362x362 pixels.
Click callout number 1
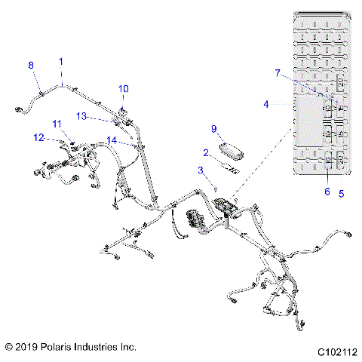click(x=61, y=60)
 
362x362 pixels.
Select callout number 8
click(x=31, y=66)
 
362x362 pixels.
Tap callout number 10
click(x=124, y=88)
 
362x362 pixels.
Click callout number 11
click(x=57, y=123)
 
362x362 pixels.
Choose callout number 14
click(x=111, y=140)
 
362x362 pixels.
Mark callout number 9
click(x=213, y=128)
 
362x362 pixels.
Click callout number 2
click(x=205, y=152)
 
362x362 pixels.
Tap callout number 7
click(x=278, y=72)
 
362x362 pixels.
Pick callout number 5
click(x=342, y=193)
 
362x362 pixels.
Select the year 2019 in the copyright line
click(x=28, y=347)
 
